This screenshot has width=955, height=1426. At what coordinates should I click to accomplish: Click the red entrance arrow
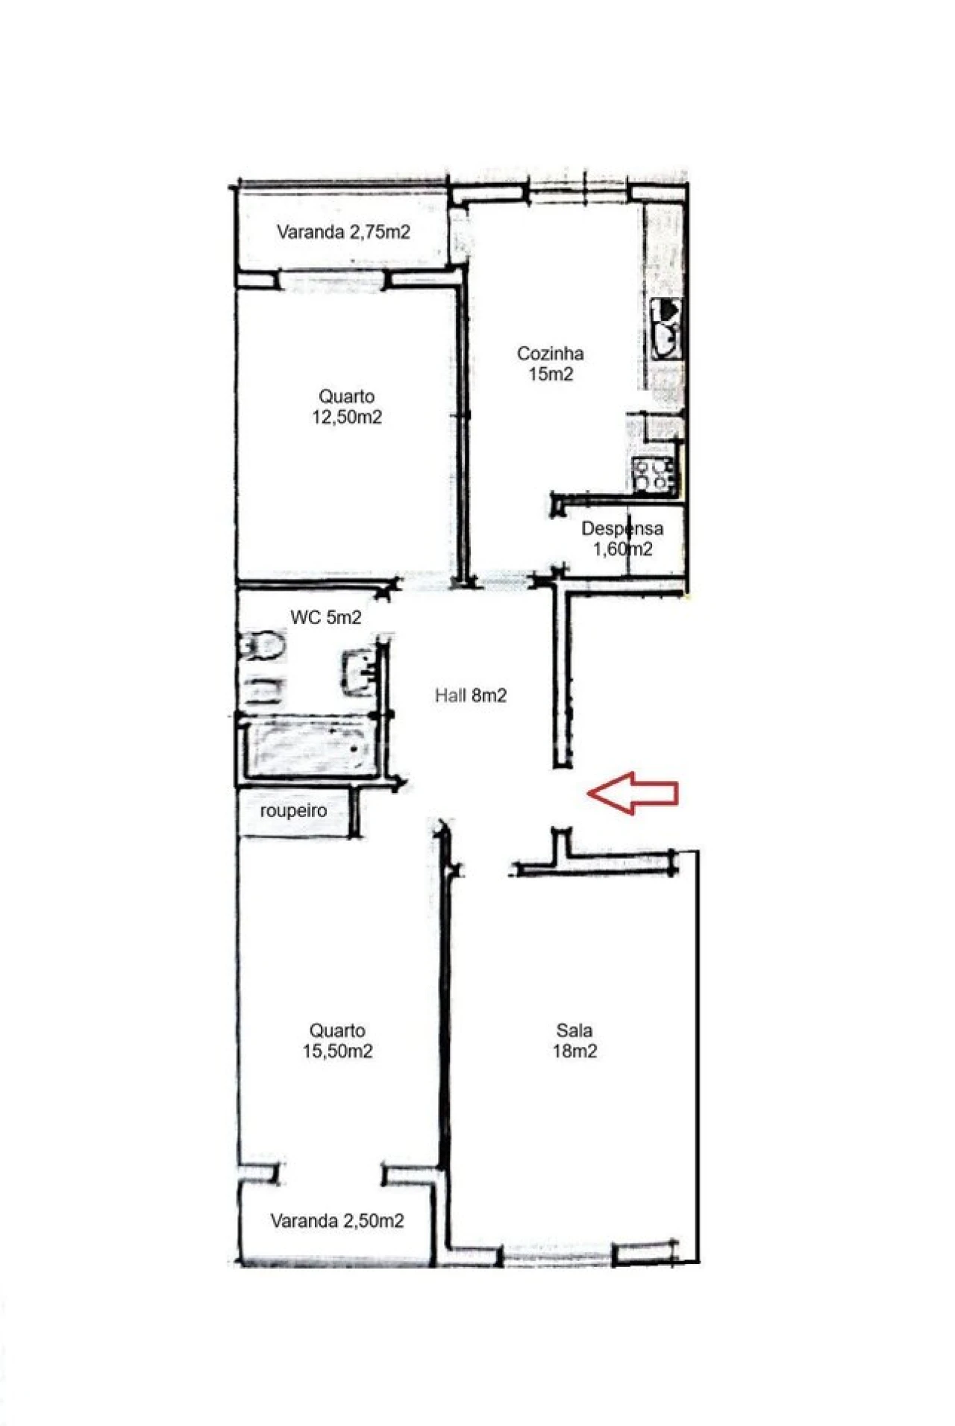click(x=633, y=792)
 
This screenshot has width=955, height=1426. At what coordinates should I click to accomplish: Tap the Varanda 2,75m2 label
click(x=343, y=231)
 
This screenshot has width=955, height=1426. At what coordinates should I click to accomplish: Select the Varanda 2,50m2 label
click(x=337, y=1221)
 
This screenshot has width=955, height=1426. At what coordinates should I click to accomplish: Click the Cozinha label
click(x=551, y=353)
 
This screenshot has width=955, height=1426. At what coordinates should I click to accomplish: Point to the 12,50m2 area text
click(x=347, y=417)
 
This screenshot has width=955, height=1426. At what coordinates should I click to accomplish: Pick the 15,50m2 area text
click(x=337, y=1051)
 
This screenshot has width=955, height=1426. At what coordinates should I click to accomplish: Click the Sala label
click(x=574, y=1031)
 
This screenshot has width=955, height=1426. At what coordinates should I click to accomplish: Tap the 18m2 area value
click(x=574, y=1051)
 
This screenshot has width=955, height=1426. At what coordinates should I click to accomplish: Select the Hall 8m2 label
click(x=471, y=695)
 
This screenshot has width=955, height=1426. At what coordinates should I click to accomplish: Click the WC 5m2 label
click(x=326, y=617)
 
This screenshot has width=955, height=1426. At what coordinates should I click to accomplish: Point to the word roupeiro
click(x=293, y=810)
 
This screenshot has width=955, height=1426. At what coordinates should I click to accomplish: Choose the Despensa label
click(x=622, y=528)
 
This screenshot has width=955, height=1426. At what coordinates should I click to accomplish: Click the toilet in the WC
click(x=263, y=645)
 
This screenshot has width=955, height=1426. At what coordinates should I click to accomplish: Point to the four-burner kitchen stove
click(x=654, y=475)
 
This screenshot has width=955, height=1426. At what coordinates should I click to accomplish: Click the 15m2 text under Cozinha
click(x=551, y=374)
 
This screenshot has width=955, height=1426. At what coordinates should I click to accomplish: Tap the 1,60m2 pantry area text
click(x=622, y=549)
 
